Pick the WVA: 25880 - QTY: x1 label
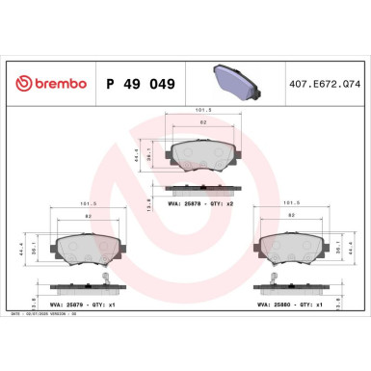coord(290,304)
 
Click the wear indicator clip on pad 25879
coord(102,281)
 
